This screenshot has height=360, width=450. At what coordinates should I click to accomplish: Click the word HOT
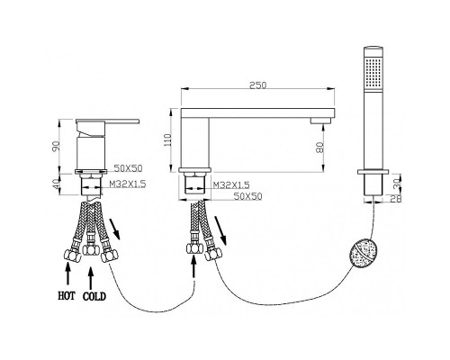point(67,296)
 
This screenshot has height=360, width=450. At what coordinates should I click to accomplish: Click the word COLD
point(94,296)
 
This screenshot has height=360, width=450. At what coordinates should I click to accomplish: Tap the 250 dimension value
point(258,85)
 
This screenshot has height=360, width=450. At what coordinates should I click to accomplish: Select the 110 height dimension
point(167,139)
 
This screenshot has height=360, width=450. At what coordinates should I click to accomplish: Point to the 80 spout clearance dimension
point(320,148)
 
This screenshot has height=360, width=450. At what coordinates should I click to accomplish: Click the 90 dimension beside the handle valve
point(57,146)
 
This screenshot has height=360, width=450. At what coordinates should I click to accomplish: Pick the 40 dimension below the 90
point(57,184)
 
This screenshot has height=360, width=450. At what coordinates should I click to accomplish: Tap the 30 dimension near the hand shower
point(398,183)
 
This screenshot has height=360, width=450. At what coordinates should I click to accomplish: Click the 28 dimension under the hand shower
point(398,198)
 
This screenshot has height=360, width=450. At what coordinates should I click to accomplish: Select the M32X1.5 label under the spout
point(231,185)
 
